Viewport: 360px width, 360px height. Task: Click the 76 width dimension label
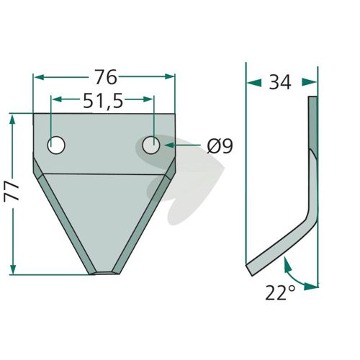tap(106, 77)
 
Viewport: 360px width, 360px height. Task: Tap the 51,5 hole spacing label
tap(103, 101)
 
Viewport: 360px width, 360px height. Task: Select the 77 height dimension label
tap(12, 191)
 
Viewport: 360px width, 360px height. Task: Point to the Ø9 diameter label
tap(220, 146)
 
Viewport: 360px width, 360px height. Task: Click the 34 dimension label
tap(280, 82)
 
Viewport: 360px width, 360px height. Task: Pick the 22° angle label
tap(280, 292)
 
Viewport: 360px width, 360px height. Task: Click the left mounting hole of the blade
tap(56, 145)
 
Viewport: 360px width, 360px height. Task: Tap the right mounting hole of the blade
tap(151, 145)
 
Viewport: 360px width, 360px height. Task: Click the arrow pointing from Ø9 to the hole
tap(182, 145)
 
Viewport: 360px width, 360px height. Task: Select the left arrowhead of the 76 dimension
tap(39, 77)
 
